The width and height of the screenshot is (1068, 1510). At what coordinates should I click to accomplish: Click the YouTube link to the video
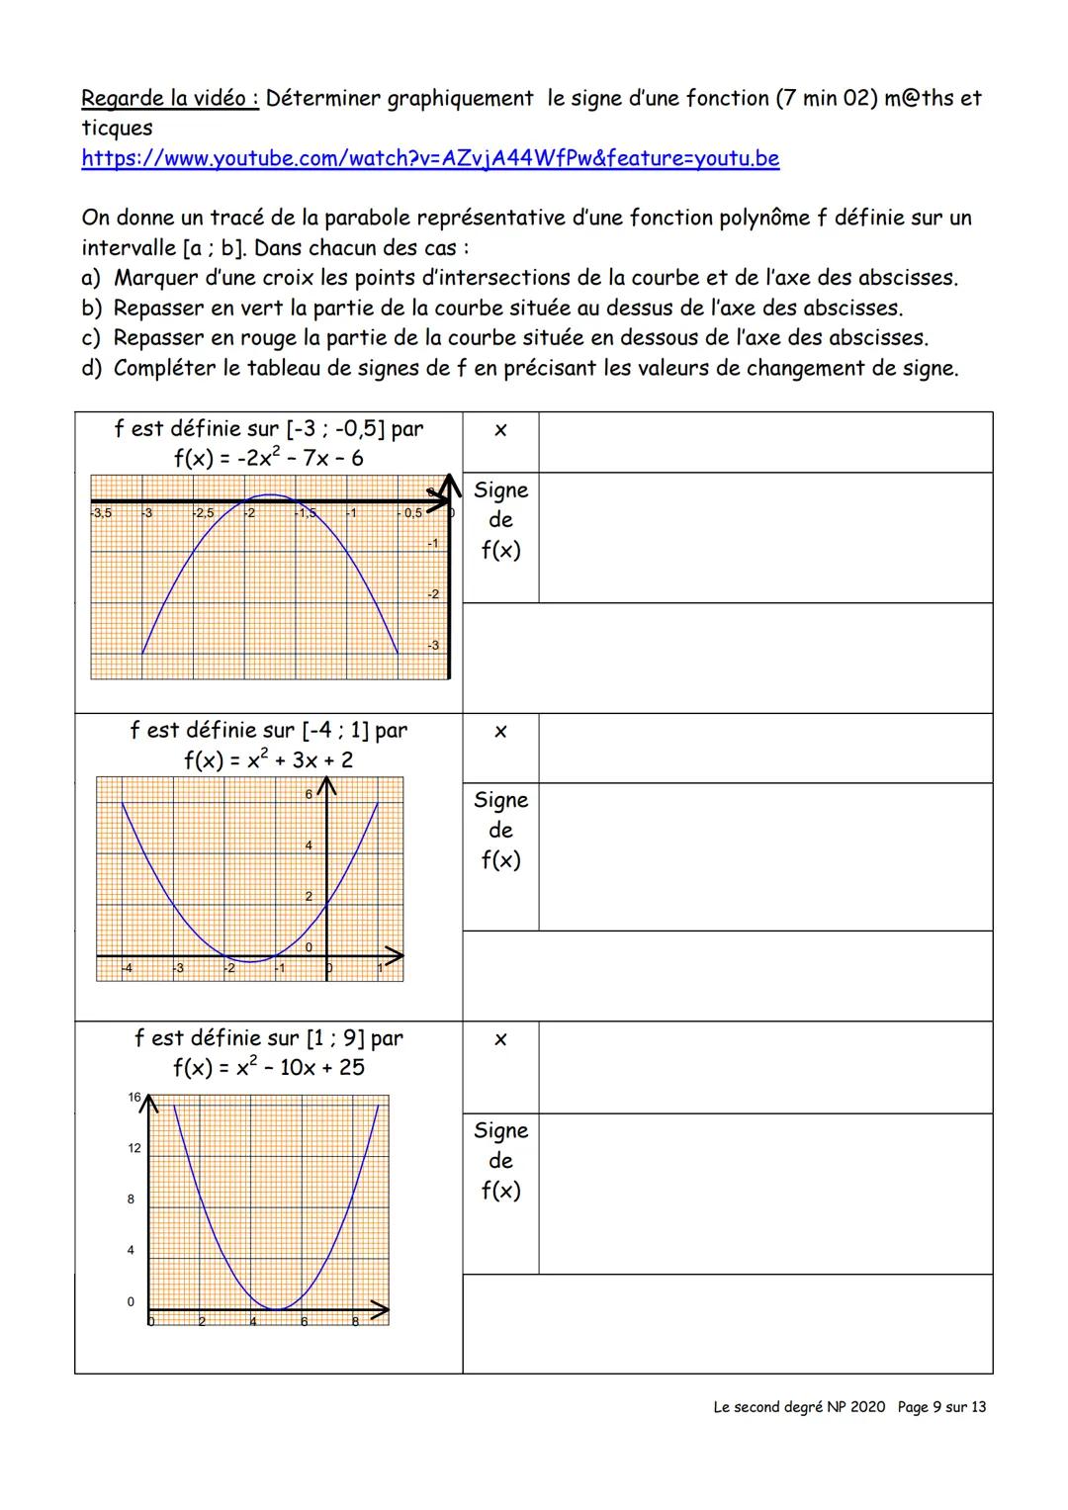click(x=430, y=158)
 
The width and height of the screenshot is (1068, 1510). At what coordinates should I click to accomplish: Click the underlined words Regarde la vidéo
click(x=169, y=98)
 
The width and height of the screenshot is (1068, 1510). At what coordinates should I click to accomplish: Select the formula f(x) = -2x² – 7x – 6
click(x=268, y=458)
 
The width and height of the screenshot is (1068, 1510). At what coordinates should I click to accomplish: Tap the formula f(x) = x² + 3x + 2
click(x=268, y=759)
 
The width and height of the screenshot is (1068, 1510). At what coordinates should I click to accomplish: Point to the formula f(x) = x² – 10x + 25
click(x=268, y=1067)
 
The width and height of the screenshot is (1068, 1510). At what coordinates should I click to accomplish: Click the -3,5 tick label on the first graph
click(x=101, y=513)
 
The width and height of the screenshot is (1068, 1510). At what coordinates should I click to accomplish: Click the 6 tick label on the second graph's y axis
click(x=309, y=794)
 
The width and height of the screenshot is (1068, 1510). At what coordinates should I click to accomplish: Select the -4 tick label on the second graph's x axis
click(x=126, y=968)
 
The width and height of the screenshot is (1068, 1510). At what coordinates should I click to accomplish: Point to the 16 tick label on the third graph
click(x=134, y=1097)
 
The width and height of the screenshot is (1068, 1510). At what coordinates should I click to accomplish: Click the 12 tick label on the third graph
click(x=134, y=1148)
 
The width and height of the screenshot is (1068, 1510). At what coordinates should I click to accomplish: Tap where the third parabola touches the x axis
click(x=278, y=1309)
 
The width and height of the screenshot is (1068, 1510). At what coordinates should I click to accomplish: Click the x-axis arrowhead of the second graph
click(x=395, y=956)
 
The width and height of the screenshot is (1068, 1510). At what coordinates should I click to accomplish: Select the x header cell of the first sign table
click(x=500, y=430)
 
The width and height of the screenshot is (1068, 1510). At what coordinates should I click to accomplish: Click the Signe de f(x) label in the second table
click(x=500, y=830)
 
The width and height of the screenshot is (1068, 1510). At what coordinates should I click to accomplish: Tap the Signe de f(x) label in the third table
click(x=500, y=1160)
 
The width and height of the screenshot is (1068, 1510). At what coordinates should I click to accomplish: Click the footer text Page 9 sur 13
click(x=941, y=1406)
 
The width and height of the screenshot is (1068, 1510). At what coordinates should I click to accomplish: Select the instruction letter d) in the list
click(x=92, y=369)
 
